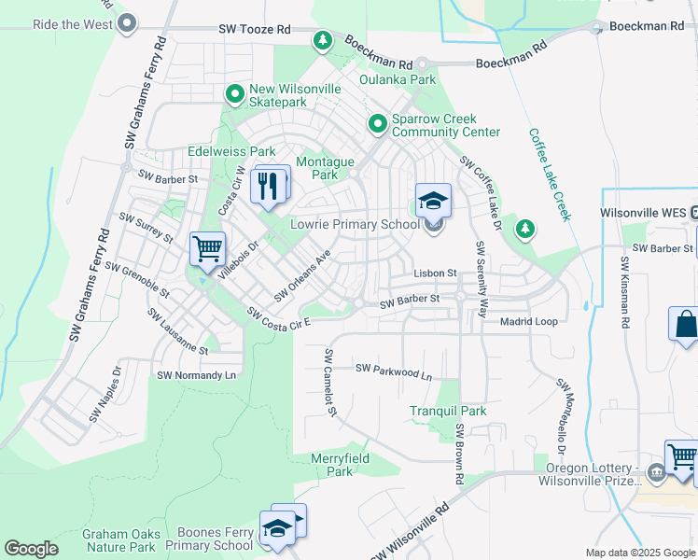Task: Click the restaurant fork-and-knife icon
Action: pyautogui.click(x=268, y=185)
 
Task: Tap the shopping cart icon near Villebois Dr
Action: pyautogui.click(x=206, y=249)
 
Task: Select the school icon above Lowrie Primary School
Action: pyautogui.click(x=433, y=200)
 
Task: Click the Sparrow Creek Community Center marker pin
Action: pyautogui.click(x=378, y=123)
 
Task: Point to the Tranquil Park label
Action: pyautogui.click(x=448, y=411)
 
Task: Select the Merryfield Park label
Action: pyautogui.click(x=340, y=465)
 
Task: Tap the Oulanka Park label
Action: pyautogui.click(x=398, y=79)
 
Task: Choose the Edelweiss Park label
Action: pyautogui.click(x=231, y=151)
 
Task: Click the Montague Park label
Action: pyautogui.click(x=323, y=168)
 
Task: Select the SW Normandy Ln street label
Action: pyautogui.click(x=197, y=375)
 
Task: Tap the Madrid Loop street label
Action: pyautogui.click(x=529, y=321)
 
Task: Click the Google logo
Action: pyautogui.click(x=31, y=549)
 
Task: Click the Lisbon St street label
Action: pyautogui.click(x=435, y=273)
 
